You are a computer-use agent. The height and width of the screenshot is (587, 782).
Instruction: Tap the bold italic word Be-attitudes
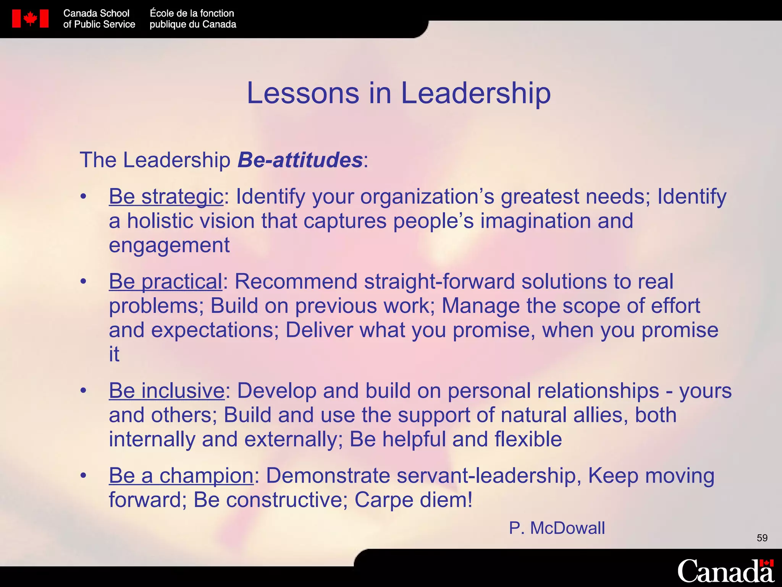point(300,160)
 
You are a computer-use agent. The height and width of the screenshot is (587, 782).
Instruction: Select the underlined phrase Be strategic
point(166,196)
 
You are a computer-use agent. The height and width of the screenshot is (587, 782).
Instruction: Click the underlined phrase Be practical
point(165,282)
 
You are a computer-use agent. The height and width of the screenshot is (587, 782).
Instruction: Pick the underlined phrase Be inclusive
point(167,391)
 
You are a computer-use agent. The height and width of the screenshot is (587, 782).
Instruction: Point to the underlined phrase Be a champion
point(181,476)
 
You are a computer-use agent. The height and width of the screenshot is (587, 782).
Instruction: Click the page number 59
point(762,538)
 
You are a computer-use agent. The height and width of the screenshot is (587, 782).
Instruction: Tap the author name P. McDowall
point(557,528)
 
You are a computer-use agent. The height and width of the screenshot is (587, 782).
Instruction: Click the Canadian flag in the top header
point(30,19)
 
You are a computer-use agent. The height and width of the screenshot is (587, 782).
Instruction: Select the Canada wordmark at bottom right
point(725,571)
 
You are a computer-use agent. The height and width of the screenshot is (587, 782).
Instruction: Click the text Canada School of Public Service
point(99,19)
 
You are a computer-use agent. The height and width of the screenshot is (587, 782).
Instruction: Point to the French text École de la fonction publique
point(192,19)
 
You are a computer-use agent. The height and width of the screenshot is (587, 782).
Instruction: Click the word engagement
point(169,245)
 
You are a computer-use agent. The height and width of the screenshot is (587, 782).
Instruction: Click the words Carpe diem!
point(414,500)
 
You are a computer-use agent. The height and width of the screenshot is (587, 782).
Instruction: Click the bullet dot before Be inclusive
point(84,391)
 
